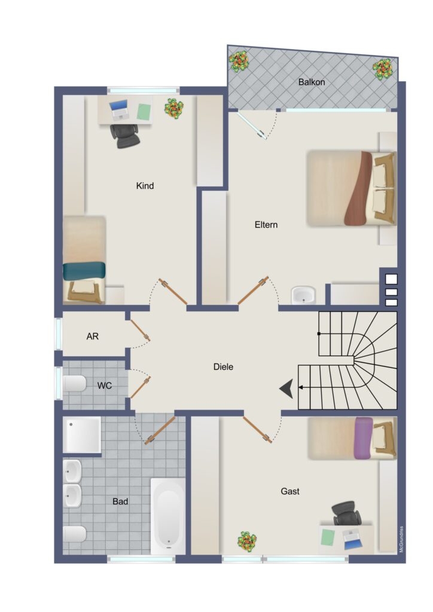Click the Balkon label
[x=311, y=82]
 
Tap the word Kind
[x=145, y=186]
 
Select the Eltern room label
[x=266, y=225]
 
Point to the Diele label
[x=223, y=367]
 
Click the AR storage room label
[x=93, y=336]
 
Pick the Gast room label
[x=290, y=491]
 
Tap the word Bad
[x=120, y=501]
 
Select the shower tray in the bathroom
[x=82, y=435]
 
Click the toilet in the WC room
[x=75, y=384]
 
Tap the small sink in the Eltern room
[x=303, y=295]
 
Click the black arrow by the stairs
[x=287, y=388]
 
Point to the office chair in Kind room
[x=126, y=135]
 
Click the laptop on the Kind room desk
[x=118, y=110]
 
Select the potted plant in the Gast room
[x=247, y=541]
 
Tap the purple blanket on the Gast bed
[x=364, y=438]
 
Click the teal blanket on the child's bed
[x=84, y=271]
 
